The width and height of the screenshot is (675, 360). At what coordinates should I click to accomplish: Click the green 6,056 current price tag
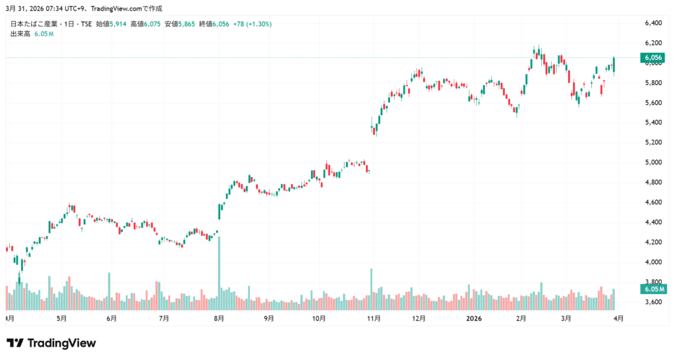(652, 58)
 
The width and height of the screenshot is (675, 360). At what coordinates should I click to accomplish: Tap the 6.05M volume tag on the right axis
(652, 289)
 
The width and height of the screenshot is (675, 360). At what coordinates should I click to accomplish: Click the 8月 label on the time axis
(219, 318)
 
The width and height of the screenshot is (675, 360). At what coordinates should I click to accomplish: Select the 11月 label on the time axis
(373, 318)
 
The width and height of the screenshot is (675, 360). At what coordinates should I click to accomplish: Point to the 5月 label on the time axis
(61, 318)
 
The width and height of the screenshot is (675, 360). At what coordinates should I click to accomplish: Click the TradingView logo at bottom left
(51, 343)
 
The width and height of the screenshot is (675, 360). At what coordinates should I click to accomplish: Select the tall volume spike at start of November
(371, 289)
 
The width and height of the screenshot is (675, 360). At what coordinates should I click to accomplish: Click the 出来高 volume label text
(20, 33)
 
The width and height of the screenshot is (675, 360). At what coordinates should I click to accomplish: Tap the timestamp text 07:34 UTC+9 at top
(61, 8)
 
